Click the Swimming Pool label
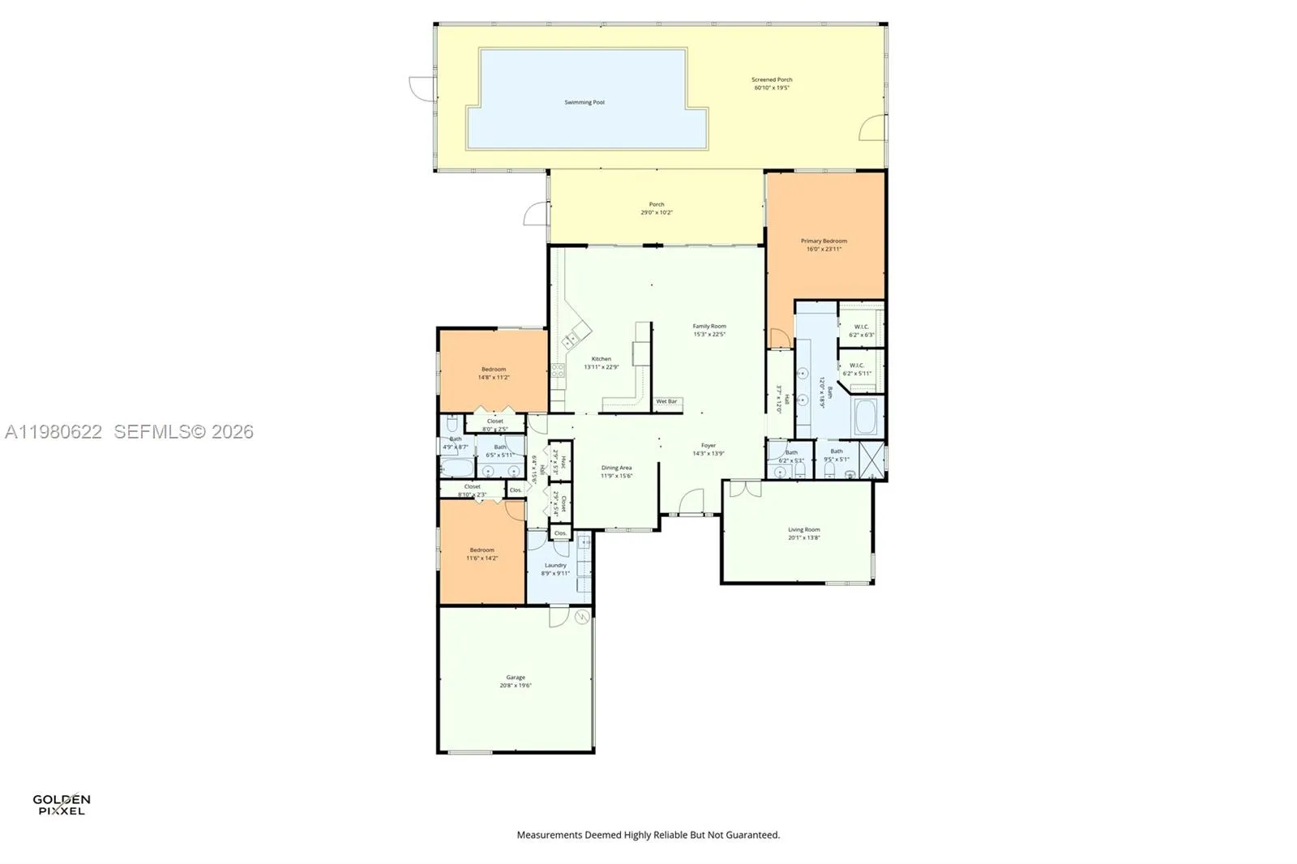point(584,103)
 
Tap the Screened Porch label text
point(772,80)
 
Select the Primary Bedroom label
point(824,242)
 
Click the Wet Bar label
point(666,402)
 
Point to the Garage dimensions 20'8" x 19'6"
point(516,686)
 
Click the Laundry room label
point(555,566)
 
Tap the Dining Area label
point(616,468)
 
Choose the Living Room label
point(803,530)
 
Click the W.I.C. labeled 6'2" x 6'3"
point(862,327)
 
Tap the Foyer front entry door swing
point(691,503)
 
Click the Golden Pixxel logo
point(61,804)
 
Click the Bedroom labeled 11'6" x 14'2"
point(482,550)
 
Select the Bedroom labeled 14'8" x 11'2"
point(494,370)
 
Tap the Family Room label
point(709,327)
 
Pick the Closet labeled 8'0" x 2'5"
point(494,421)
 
